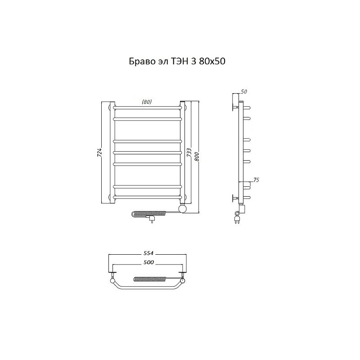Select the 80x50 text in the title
pos(212,61)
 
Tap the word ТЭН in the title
pos(179,61)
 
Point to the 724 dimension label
pos(99,153)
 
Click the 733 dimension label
pos(189,153)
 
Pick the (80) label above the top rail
pos(147,102)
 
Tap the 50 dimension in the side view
pos(244,92)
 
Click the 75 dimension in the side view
pos(256,180)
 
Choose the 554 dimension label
pos(148,253)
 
